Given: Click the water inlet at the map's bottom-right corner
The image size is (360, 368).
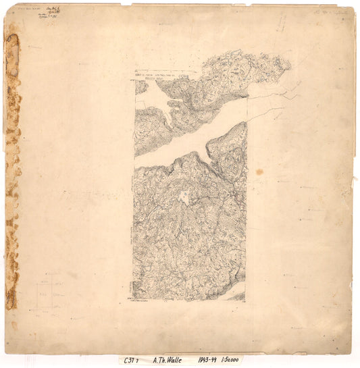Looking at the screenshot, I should (x=236, y=296).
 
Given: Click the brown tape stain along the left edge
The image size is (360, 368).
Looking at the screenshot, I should (x=11, y=169).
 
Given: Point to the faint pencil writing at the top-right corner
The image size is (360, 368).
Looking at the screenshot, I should (x=324, y=12).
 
